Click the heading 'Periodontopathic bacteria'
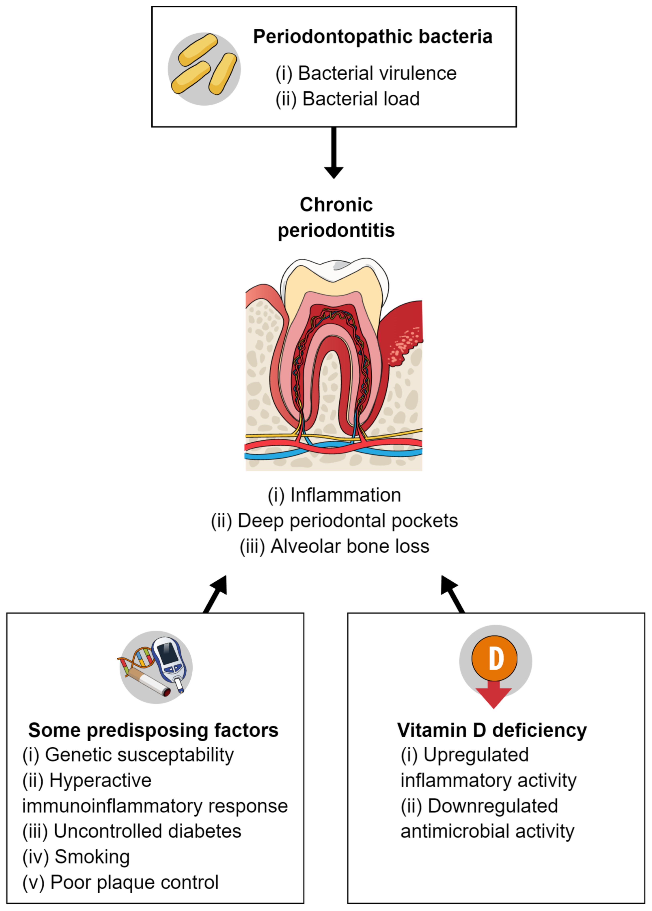(372, 37)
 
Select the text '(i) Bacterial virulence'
(365, 74)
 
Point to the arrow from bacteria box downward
(333, 153)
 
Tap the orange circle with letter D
(494, 659)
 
